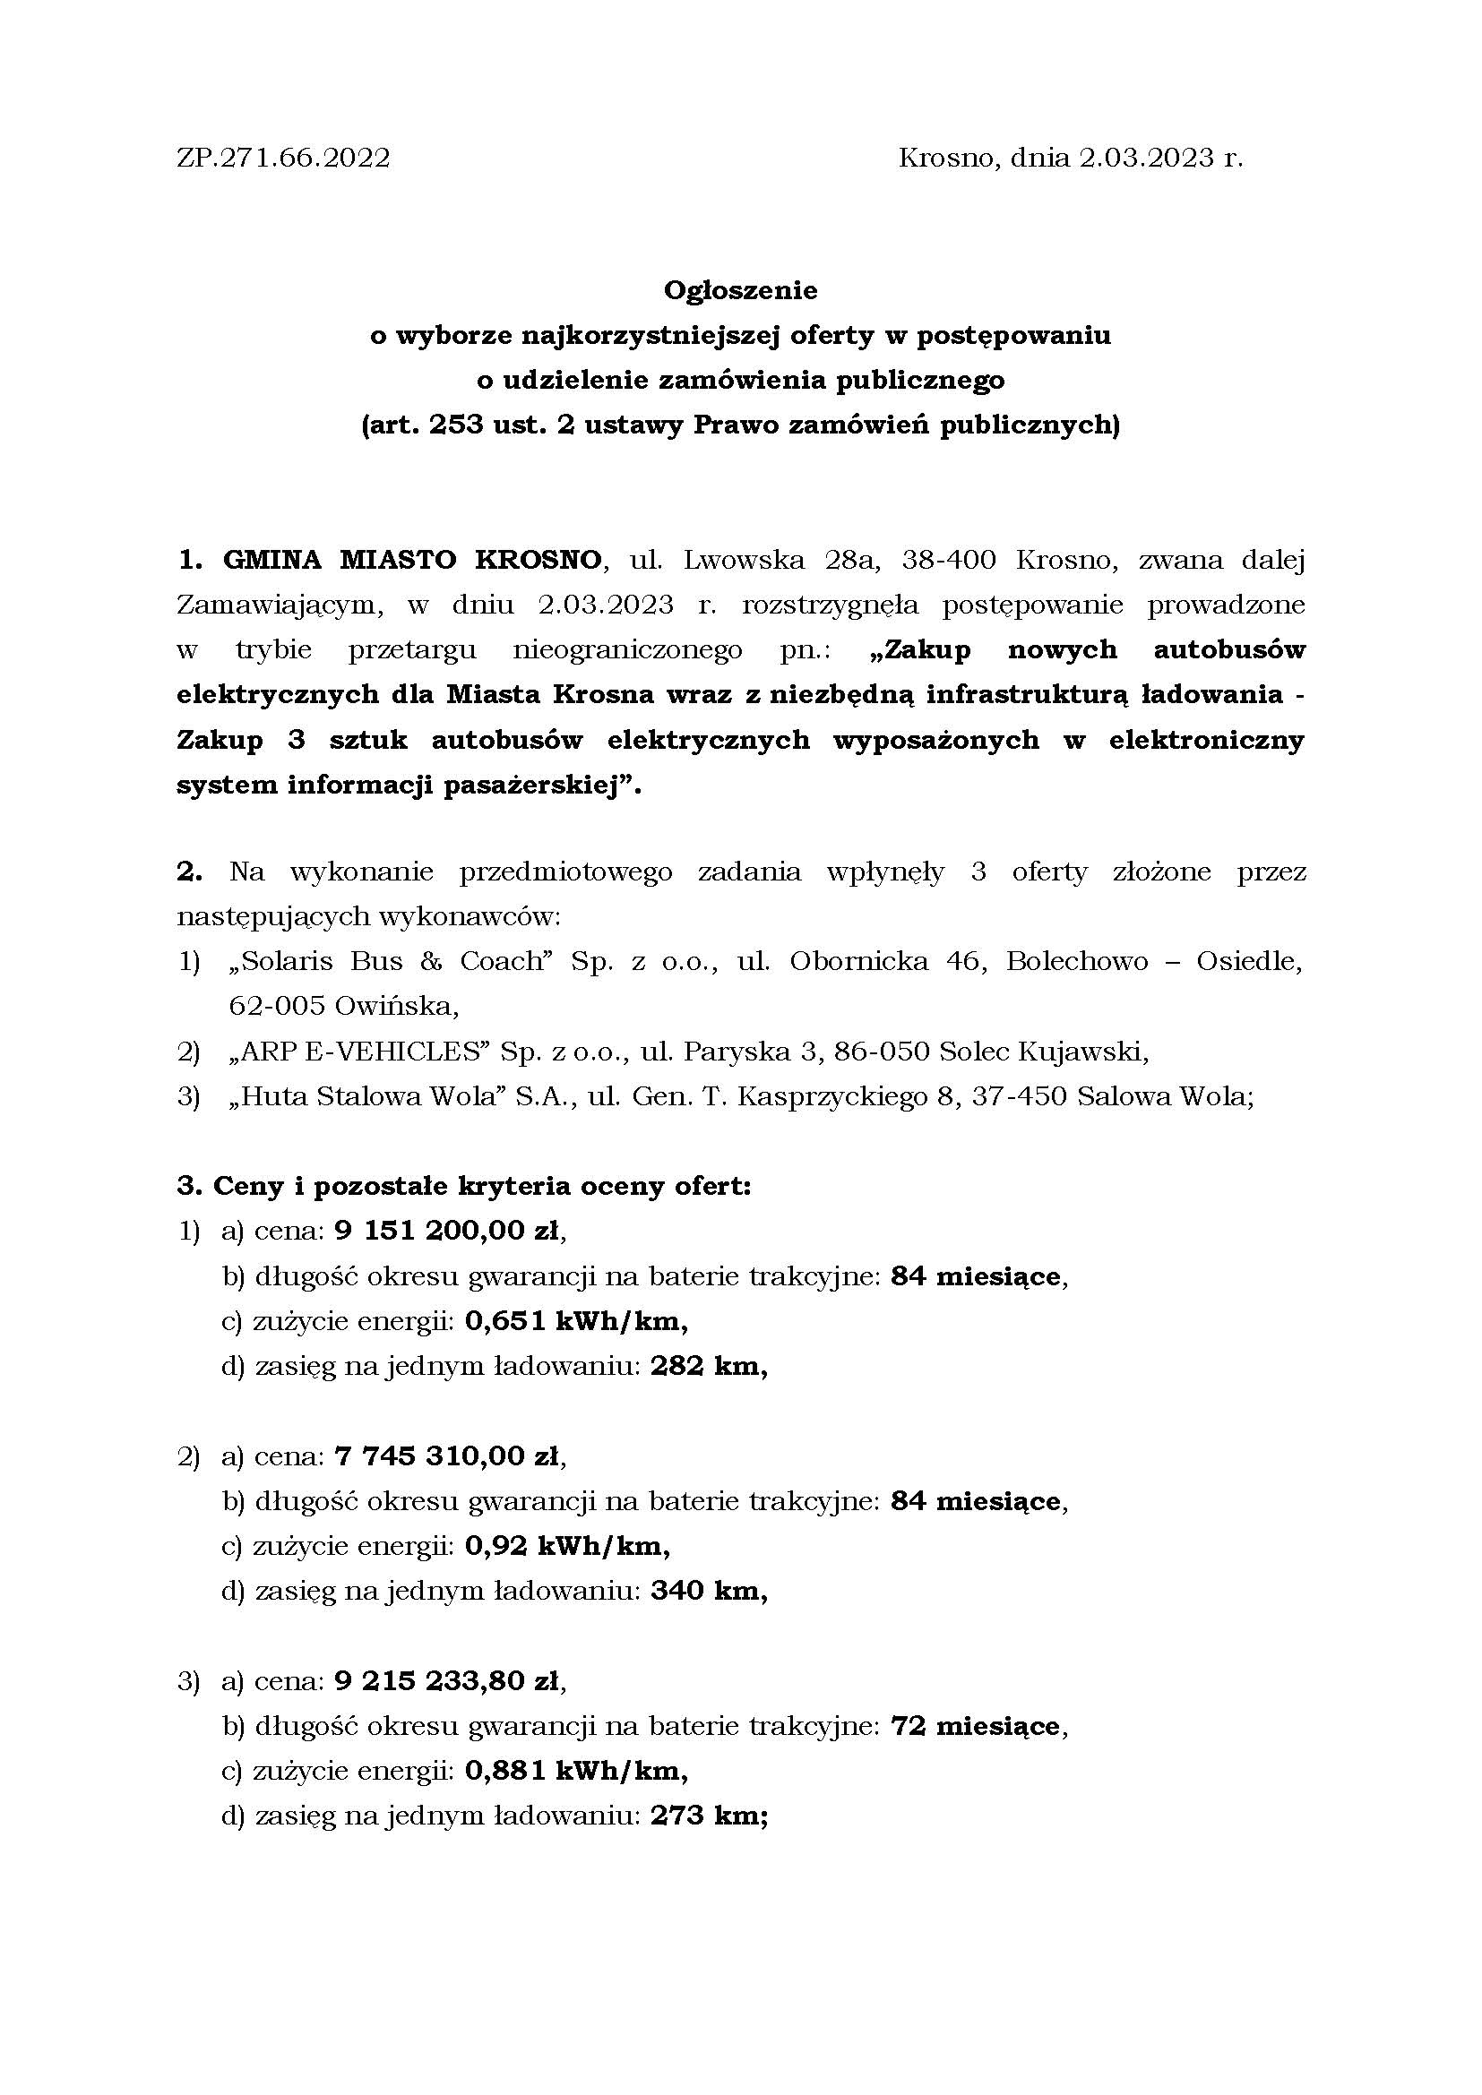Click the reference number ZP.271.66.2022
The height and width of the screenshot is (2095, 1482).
click(284, 159)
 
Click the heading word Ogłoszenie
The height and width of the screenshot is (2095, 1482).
click(740, 290)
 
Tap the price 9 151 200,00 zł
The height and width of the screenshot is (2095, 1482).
click(447, 1231)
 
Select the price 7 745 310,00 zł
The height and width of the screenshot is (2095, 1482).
click(447, 1455)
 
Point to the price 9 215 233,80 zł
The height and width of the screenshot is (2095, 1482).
click(447, 1679)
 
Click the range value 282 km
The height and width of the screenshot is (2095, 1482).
click(707, 1366)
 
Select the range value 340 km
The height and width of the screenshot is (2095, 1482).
click(707, 1591)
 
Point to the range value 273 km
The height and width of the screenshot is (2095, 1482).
click(707, 1815)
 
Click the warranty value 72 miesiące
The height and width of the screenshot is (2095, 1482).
click(975, 1725)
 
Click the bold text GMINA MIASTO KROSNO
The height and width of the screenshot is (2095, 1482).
click(413, 559)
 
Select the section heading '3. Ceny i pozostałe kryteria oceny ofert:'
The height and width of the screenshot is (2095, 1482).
click(464, 1186)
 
